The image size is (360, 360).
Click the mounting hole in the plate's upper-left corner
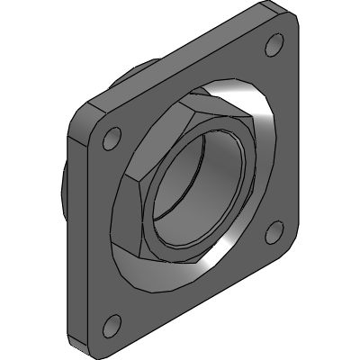click(x=112, y=139)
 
